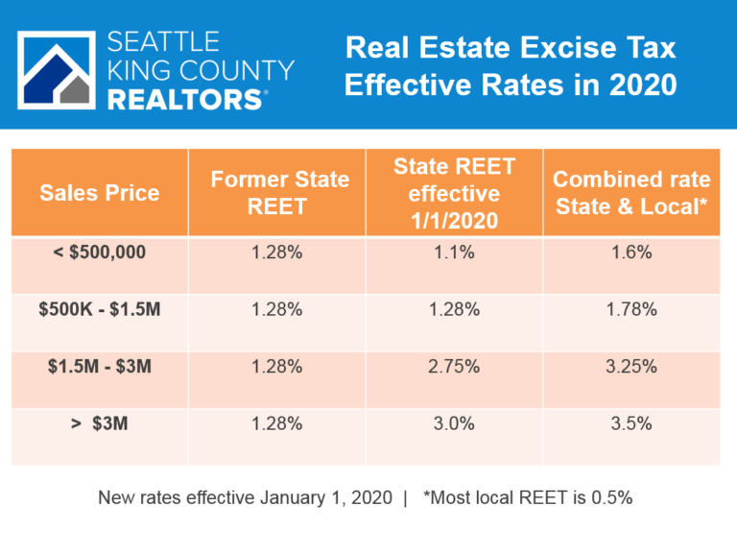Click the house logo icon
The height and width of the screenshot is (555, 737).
coord(57,70)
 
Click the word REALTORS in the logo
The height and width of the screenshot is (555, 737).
coord(183,99)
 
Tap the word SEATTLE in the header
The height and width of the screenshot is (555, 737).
coord(164,41)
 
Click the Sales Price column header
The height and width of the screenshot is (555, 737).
coord(99,192)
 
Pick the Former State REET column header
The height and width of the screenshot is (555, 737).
coord(280,192)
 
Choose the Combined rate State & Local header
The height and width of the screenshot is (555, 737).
coord(631,192)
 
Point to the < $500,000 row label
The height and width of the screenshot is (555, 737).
coord(99,253)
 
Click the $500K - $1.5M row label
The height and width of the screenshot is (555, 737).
coord(99,309)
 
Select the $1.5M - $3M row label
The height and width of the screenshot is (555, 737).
coord(99,366)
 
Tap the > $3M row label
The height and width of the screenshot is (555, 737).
coord(99,422)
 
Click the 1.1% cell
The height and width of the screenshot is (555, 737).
coord(455,253)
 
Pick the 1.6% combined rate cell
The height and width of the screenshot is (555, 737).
coord(631,253)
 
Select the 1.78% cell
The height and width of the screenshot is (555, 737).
coord(631,309)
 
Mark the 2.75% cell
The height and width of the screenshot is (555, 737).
coord(455,366)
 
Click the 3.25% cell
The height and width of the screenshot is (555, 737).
coord(631,366)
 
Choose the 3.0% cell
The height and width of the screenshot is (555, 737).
coord(455,422)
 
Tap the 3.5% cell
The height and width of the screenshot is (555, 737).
coord(631,422)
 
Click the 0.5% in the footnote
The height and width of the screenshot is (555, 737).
coord(617,498)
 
